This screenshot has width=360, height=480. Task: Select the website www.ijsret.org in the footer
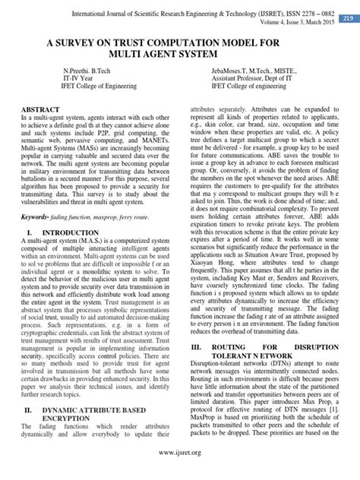coord(180,453)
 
